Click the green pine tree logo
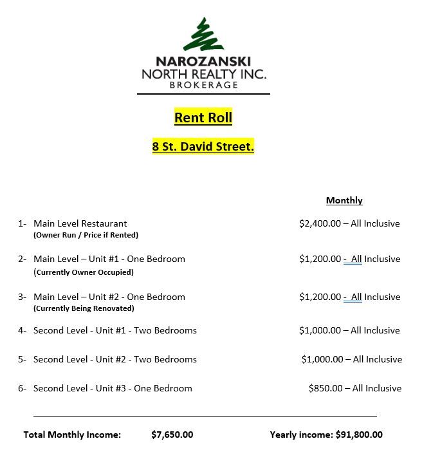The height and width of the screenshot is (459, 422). pyautogui.click(x=204, y=35)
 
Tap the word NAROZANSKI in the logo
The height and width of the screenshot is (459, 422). pyautogui.click(x=203, y=62)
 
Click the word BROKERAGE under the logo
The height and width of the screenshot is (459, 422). pyautogui.click(x=203, y=85)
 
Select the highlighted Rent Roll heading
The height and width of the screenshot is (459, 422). pyautogui.click(x=203, y=118)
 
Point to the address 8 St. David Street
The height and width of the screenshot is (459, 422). pyautogui.click(x=203, y=147)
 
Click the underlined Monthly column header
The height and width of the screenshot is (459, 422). pyautogui.click(x=344, y=200)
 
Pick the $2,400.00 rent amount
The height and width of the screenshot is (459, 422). pyautogui.click(x=320, y=223)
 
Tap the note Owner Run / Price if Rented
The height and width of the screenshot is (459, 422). pyautogui.click(x=86, y=235)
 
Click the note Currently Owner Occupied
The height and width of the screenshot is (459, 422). pyautogui.click(x=84, y=272)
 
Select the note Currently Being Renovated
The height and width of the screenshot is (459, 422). pyautogui.click(x=84, y=308)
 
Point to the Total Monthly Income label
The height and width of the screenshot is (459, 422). pyautogui.click(x=72, y=435)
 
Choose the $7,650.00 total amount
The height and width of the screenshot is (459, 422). pyautogui.click(x=172, y=435)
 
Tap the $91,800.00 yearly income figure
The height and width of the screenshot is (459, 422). pyautogui.click(x=359, y=435)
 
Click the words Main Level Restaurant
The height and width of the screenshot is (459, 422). pyautogui.click(x=80, y=223)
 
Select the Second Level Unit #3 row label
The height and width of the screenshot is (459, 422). pyautogui.click(x=113, y=388)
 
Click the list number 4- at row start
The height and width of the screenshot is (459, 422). pyautogui.click(x=22, y=330)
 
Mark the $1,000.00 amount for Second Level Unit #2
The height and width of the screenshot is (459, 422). pyautogui.click(x=322, y=359)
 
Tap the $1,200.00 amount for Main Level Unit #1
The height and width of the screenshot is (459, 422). pyautogui.click(x=320, y=259)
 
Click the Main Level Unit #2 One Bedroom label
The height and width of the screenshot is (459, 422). pyautogui.click(x=109, y=297)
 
